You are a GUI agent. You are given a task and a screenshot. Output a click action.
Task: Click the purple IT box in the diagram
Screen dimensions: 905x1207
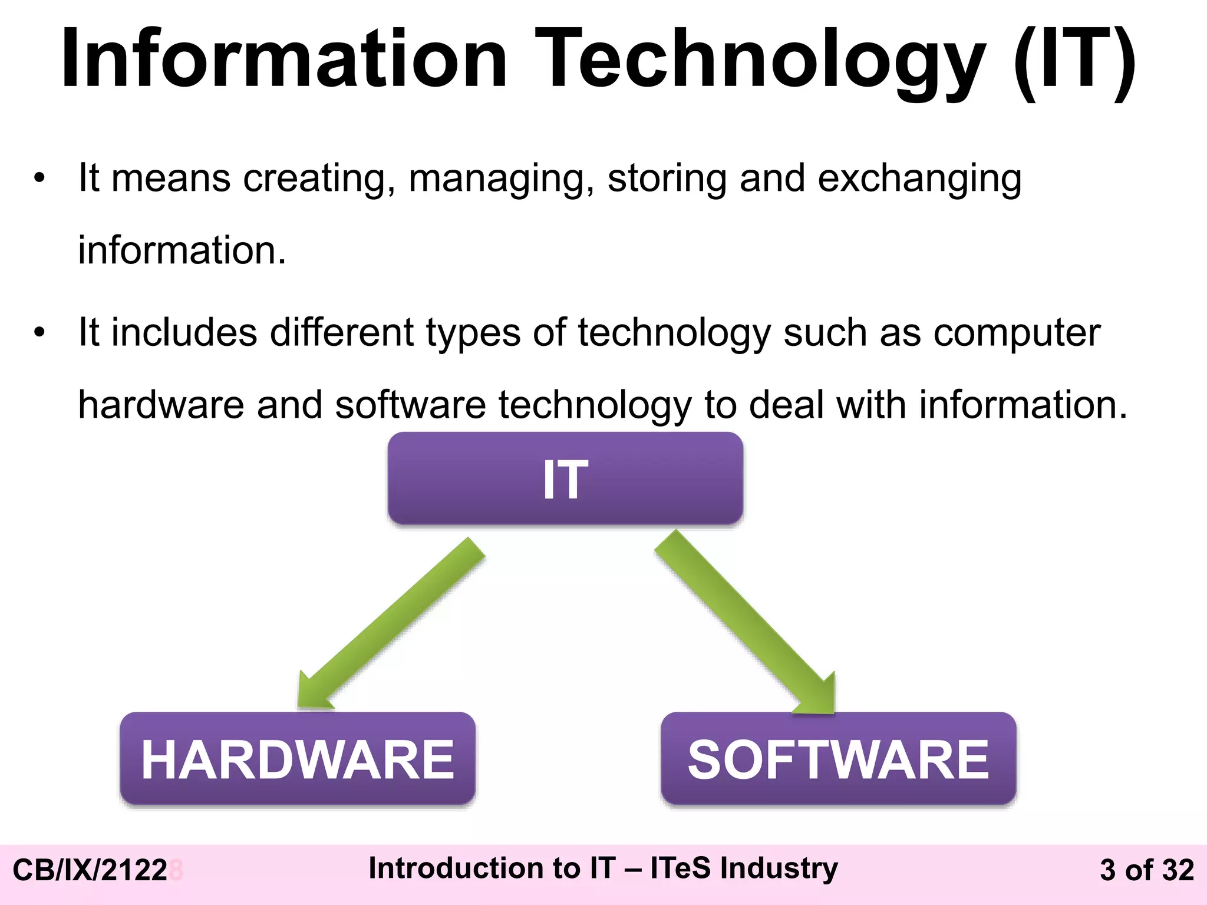[x=565, y=478]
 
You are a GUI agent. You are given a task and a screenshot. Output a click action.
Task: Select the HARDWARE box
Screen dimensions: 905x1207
[x=298, y=759]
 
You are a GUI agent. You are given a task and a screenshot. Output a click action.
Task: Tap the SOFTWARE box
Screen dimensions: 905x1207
[x=838, y=759]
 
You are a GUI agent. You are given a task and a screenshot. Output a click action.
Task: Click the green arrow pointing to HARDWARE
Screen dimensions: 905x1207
[x=389, y=625]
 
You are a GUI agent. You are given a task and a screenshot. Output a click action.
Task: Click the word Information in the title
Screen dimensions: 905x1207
[x=283, y=59]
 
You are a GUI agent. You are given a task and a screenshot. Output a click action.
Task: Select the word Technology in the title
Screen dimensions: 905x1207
[x=760, y=59]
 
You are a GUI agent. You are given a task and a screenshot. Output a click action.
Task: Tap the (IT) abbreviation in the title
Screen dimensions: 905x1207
[x=1076, y=59]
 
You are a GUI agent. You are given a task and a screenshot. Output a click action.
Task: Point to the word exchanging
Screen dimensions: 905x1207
[x=919, y=178]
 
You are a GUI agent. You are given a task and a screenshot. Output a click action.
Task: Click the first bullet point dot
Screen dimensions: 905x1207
[x=39, y=179]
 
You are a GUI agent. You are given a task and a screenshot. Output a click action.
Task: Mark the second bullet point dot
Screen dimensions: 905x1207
[x=39, y=333]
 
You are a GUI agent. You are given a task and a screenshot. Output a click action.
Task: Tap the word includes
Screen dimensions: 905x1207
[x=184, y=333]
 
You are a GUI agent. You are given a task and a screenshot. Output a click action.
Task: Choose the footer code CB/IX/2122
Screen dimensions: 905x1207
[x=90, y=870]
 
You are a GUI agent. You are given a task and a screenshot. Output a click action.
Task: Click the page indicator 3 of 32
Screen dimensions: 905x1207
[x=1146, y=870]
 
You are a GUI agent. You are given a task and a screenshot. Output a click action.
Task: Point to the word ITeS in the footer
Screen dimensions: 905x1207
[x=680, y=868]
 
